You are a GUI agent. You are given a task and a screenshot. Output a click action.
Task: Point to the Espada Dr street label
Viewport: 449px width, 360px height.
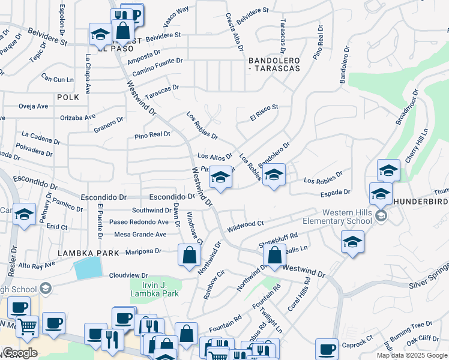(x=336, y=192)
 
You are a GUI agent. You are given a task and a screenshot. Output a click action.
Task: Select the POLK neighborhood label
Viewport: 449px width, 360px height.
(x=68, y=97)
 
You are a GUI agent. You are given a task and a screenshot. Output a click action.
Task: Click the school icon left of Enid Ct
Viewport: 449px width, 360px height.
(x=25, y=215)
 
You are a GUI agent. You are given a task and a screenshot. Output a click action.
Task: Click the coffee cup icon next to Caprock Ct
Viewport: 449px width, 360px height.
(x=328, y=348)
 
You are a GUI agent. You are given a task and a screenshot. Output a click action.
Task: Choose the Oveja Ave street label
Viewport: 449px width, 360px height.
(x=33, y=106)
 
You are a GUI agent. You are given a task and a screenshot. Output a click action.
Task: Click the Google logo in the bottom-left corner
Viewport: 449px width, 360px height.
(x=19, y=353)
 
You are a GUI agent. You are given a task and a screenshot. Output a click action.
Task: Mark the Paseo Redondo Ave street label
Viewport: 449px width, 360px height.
(x=139, y=222)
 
